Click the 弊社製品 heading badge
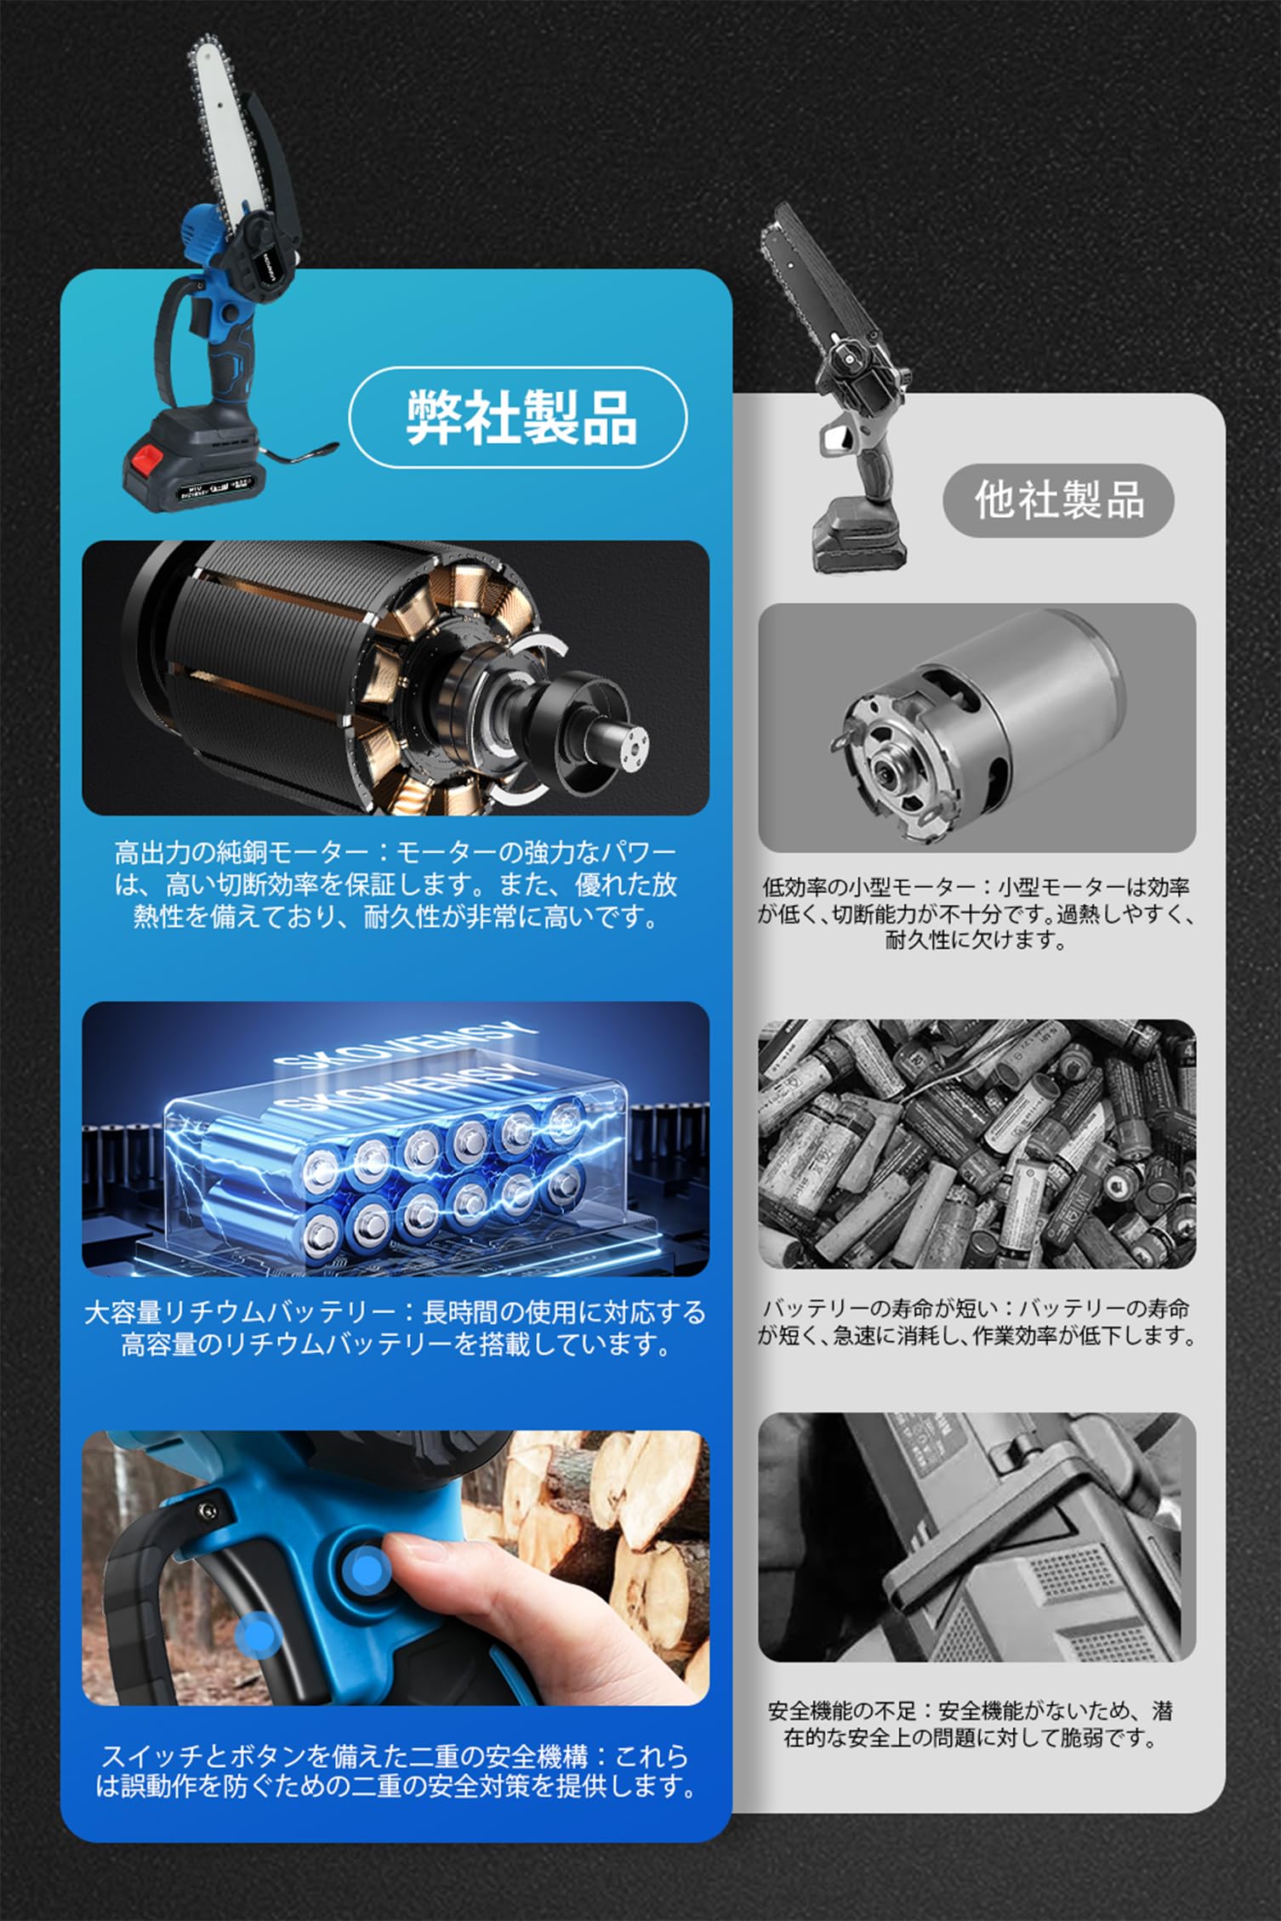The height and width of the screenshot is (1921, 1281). [518, 417]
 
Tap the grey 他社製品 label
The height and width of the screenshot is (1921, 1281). [1059, 500]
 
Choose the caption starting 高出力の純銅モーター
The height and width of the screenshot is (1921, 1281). [396, 885]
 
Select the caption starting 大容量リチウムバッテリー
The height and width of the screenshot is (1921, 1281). [396, 1328]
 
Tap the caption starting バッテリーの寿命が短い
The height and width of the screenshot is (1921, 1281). [976, 1322]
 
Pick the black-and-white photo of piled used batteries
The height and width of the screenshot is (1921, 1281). [976, 1144]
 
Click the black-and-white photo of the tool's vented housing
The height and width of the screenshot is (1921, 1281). [976, 1537]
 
